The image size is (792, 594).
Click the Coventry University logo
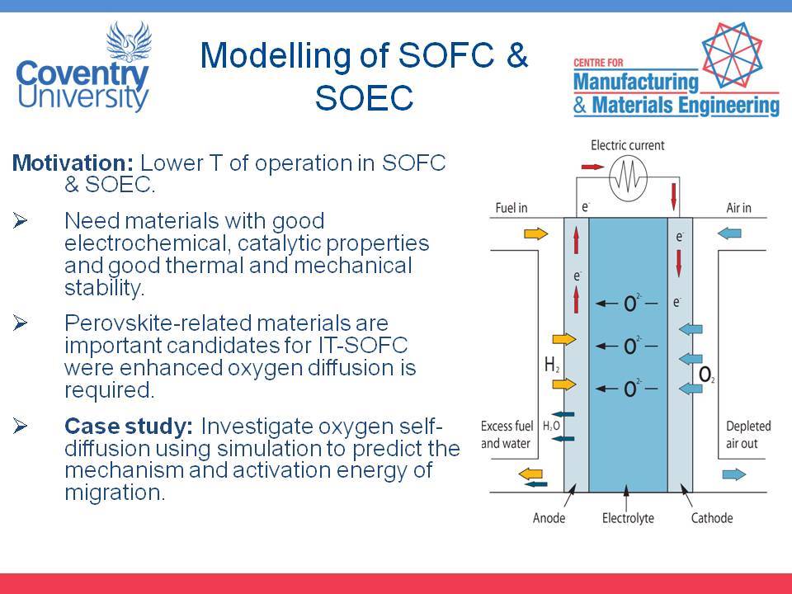point(83,66)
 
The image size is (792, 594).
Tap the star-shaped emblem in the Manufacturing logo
point(731,55)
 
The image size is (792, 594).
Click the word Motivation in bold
point(73,163)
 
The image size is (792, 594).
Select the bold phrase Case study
point(129,427)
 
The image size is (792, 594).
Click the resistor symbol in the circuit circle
point(628,178)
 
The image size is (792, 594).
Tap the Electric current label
point(627,145)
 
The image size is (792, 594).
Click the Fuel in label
point(511,208)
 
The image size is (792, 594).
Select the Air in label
point(738,208)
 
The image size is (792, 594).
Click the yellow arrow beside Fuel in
point(536,233)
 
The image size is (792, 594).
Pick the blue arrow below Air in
point(729,233)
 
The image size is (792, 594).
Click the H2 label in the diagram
point(552,364)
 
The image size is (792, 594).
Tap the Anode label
point(549,518)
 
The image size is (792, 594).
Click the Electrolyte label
point(628,518)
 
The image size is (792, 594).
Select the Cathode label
point(712,518)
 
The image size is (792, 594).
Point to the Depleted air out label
point(748,435)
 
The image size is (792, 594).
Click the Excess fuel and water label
point(507,435)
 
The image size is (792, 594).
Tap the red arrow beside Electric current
point(592,167)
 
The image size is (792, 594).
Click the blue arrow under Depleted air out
point(734,474)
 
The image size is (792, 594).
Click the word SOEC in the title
point(364,98)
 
